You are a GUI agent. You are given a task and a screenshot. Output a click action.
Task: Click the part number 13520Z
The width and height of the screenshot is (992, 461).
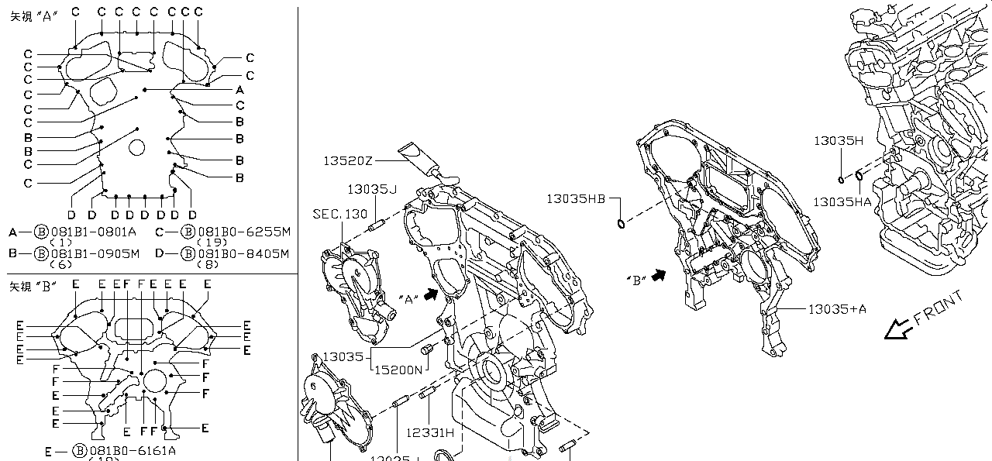(x=349, y=161)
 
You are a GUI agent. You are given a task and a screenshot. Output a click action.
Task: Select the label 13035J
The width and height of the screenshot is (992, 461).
(x=372, y=189)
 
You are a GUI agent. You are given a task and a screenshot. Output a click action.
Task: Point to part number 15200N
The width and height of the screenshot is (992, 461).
(x=398, y=370)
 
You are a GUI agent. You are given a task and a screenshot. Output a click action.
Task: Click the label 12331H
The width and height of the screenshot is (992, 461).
(x=429, y=433)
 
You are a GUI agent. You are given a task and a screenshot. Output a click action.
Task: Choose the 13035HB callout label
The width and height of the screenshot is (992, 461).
(x=576, y=198)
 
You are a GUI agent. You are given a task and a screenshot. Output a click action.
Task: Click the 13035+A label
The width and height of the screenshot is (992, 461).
(x=837, y=309)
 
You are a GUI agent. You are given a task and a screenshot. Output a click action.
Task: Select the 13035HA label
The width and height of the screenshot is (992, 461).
(x=842, y=201)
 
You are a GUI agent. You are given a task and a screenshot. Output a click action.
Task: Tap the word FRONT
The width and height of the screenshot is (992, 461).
(x=939, y=308)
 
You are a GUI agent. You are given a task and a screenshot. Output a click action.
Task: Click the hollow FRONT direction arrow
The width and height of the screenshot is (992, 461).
(x=897, y=331)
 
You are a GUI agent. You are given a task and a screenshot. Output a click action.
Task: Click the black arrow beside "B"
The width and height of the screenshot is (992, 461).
(x=659, y=275)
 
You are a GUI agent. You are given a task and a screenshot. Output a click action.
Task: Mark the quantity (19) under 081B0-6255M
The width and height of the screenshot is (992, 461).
(x=212, y=243)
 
